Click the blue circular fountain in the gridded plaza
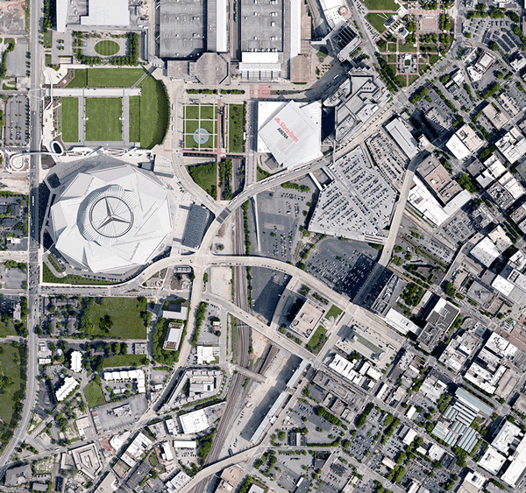click(201, 135)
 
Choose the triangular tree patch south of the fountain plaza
click(205, 178)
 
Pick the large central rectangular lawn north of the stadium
click(104, 118)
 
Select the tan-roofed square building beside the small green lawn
click(306, 319)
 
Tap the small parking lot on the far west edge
click(16, 119)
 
